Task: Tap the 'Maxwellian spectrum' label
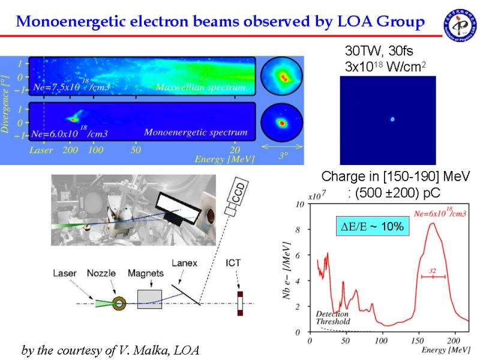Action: tap(200, 88)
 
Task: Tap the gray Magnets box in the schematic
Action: tap(149, 299)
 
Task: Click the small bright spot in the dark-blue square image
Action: tap(392, 119)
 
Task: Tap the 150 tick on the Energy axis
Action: tap(417, 341)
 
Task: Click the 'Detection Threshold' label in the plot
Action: tap(332, 318)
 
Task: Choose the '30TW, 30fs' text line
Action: tap(376, 50)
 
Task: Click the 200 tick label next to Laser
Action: tap(70, 150)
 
